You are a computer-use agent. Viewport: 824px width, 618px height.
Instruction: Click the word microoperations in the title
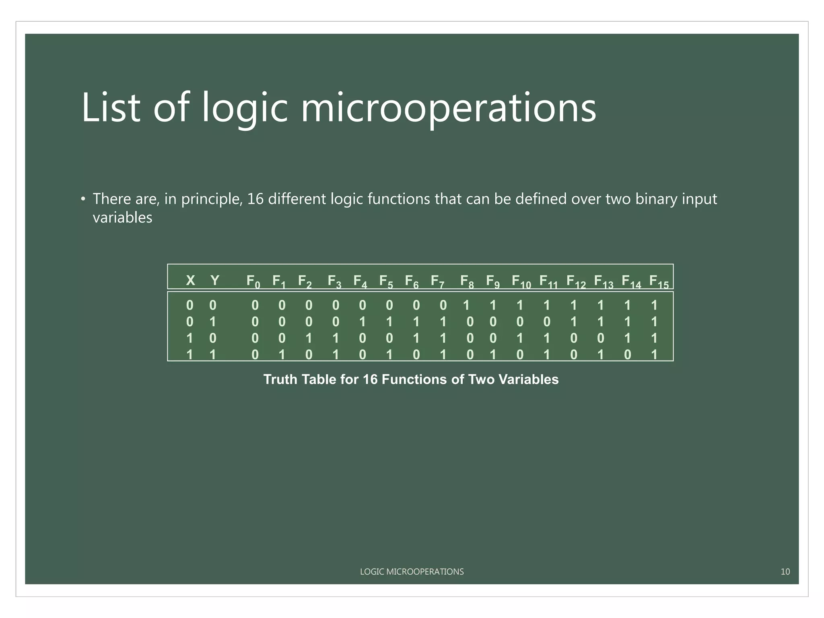click(x=448, y=108)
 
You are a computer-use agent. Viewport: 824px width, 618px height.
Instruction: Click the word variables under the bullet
click(x=122, y=218)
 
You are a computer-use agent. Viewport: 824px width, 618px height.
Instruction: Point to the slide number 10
click(x=785, y=571)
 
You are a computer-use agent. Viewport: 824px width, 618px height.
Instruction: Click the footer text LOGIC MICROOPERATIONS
click(x=412, y=571)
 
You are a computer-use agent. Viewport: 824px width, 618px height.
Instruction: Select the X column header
click(x=190, y=280)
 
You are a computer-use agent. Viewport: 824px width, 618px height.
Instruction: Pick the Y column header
click(x=215, y=280)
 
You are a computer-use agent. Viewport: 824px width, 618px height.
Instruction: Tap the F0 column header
click(x=253, y=281)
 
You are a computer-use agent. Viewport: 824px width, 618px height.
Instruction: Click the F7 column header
click(x=437, y=281)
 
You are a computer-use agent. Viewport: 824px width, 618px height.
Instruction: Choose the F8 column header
click(x=467, y=281)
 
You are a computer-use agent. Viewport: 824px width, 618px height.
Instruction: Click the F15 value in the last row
click(x=654, y=354)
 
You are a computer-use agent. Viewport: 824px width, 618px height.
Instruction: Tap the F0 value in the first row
click(x=255, y=305)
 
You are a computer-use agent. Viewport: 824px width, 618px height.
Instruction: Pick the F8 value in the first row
click(x=466, y=305)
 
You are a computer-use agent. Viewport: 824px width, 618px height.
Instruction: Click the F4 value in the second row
click(x=363, y=322)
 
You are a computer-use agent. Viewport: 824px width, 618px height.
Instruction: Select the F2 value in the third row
click(x=309, y=338)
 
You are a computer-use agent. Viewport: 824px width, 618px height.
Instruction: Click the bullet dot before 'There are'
click(x=83, y=199)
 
